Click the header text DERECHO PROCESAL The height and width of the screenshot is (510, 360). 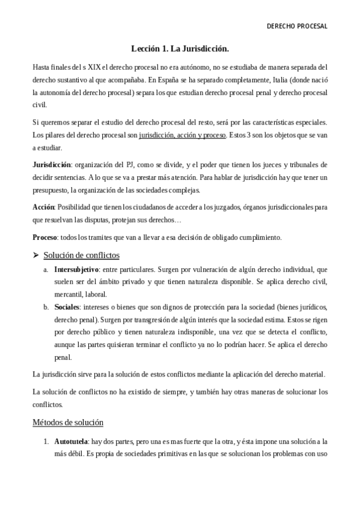pos(297,26)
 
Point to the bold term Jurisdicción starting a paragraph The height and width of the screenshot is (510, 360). pos(51,164)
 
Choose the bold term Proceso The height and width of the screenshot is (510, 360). pos(47,237)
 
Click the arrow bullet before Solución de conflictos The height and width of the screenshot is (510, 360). pos(36,255)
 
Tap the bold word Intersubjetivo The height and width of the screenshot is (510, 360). pos(76,269)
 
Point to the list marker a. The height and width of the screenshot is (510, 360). pos(46,269)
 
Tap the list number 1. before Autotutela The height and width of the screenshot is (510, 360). pos(46,441)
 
